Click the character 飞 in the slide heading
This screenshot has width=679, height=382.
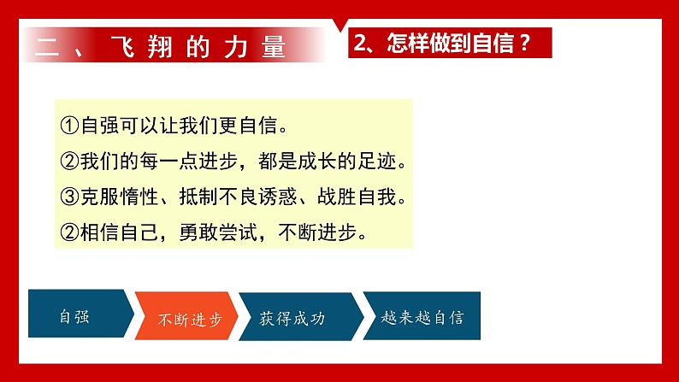point(122,46)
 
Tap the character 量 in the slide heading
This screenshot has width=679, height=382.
point(274,46)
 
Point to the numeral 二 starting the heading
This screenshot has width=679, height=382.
point(47,46)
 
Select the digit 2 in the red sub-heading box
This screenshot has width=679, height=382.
point(360,43)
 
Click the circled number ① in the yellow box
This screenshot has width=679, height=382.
point(69,126)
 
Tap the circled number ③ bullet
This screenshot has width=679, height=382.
point(69,197)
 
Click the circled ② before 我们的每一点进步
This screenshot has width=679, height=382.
point(69,162)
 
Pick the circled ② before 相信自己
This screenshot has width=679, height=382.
point(69,232)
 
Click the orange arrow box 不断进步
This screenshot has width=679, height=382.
point(186,316)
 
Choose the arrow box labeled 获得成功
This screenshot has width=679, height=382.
point(301,316)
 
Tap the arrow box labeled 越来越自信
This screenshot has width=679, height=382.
point(422,315)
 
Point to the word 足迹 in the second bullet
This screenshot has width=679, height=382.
point(377,162)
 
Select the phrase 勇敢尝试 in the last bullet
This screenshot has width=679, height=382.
point(219,232)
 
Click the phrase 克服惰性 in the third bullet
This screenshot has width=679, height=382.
point(120,197)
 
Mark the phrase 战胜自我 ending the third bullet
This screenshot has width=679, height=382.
point(357,197)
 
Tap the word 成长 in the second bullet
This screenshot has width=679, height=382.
point(317,162)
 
